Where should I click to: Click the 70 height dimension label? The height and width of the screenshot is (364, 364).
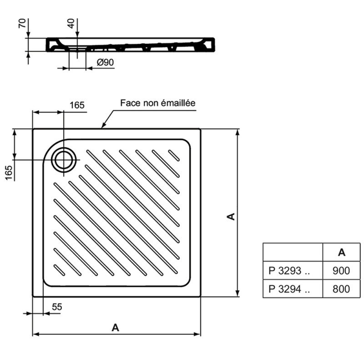pyautogui.click(x=22, y=24)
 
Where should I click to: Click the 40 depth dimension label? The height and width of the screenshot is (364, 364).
pyautogui.click(x=71, y=24)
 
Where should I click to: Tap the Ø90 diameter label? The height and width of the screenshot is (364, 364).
pyautogui.click(x=106, y=62)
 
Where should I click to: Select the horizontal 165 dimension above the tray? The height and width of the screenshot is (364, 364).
pyautogui.click(x=77, y=105)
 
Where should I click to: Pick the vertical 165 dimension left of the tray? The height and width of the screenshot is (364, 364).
pyautogui.click(x=9, y=172)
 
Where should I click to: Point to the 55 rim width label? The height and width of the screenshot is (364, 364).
pyautogui.click(x=57, y=307)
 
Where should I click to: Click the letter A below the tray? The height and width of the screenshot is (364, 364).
pyautogui.click(x=116, y=328)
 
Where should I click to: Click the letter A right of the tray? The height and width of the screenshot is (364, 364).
pyautogui.click(x=231, y=217)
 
